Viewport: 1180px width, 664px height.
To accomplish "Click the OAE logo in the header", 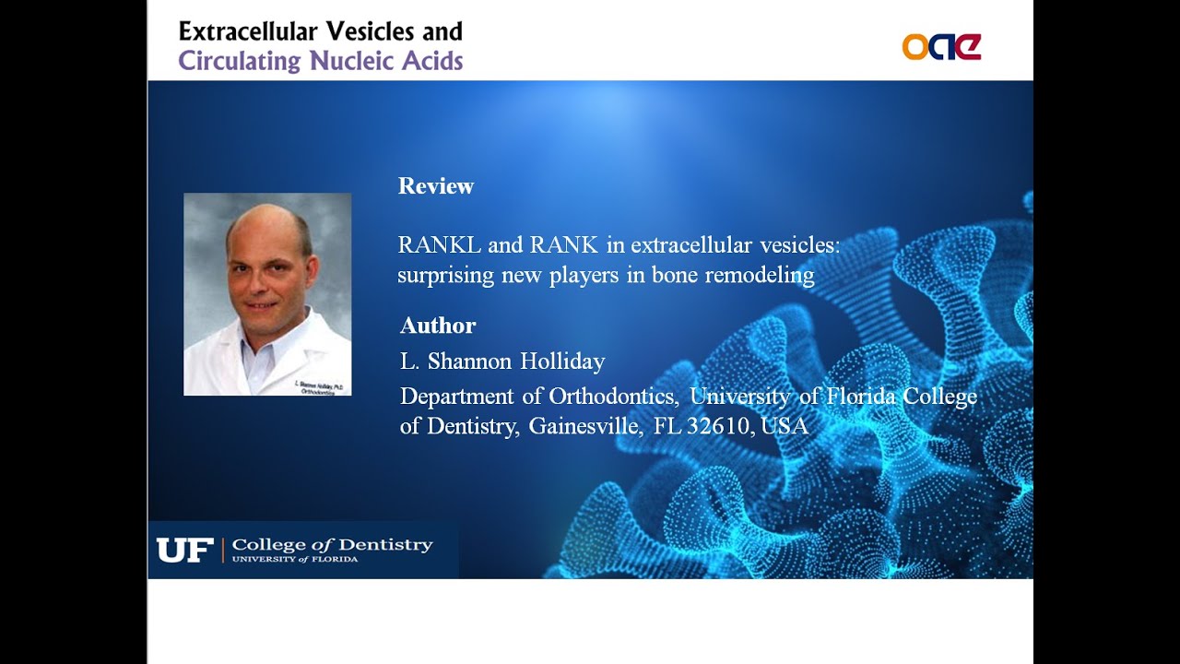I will point(941,47).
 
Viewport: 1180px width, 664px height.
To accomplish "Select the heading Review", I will point(435,186).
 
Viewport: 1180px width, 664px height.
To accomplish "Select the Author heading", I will point(438,326).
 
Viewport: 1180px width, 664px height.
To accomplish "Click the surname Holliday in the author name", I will point(562,362).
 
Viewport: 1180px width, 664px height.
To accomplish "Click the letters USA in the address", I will point(785,427).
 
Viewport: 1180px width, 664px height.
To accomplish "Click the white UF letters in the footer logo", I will point(184,551).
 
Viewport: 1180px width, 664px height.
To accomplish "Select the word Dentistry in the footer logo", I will point(385,545).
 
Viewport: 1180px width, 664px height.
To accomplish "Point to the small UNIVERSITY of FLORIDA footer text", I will point(295,560).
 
